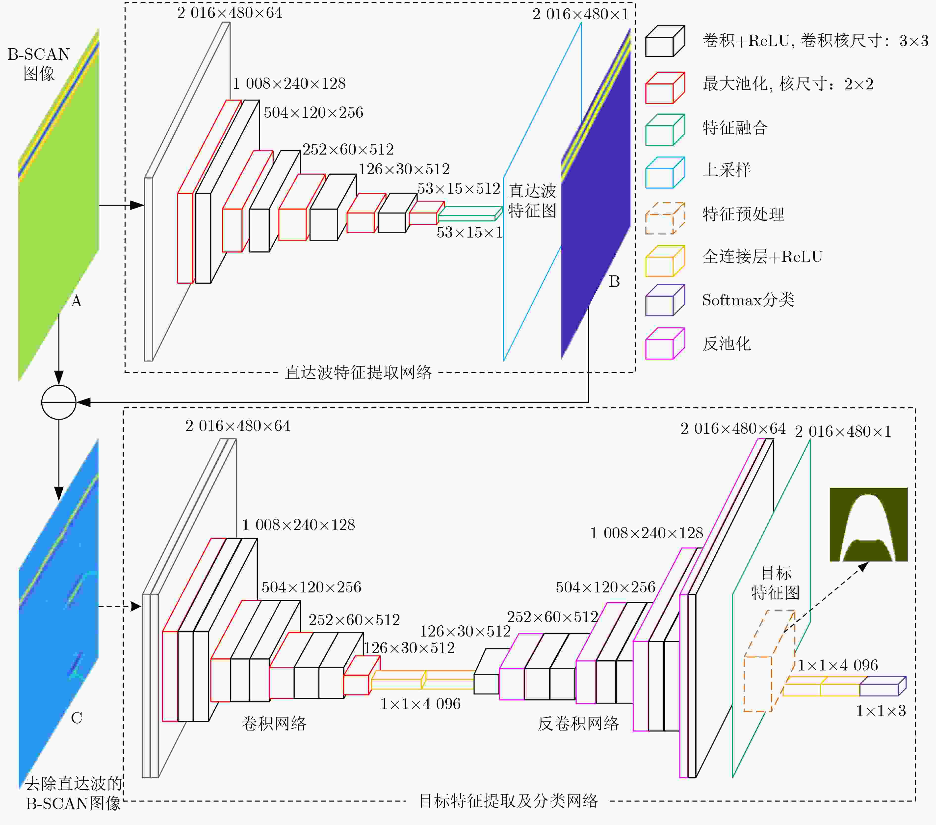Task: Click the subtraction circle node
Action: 59,402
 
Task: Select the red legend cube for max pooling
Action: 665,87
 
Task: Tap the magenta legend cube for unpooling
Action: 665,344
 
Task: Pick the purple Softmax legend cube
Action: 665,300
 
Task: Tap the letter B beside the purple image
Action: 614,282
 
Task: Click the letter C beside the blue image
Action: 77,718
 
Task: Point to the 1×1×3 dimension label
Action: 881,711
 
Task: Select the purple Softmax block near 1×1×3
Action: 883,686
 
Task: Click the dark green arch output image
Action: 868,525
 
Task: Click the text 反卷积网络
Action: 578,724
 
